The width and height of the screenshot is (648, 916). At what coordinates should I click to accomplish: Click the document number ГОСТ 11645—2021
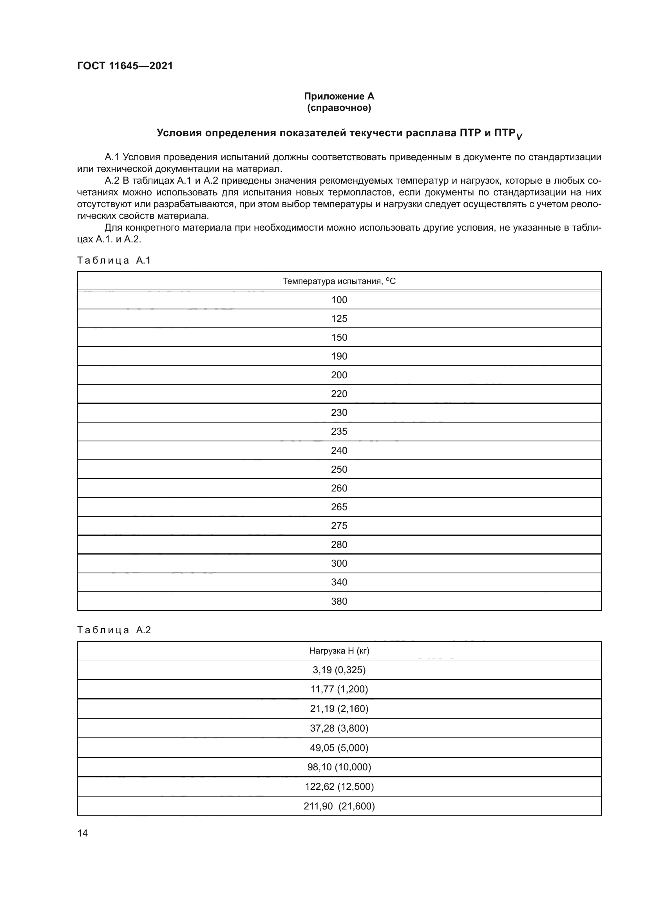125,66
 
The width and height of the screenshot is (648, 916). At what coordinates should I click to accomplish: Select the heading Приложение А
339,96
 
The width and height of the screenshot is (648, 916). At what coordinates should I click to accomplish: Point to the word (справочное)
339,108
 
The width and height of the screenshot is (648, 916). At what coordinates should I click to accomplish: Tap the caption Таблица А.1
114,260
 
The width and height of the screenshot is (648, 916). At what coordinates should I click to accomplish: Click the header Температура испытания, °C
339,281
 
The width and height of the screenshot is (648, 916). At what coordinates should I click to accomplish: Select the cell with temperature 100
339,300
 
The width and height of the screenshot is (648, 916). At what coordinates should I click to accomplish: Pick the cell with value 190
339,356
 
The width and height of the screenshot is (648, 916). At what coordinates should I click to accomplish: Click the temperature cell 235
339,431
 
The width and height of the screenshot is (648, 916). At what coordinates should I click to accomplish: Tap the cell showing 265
339,507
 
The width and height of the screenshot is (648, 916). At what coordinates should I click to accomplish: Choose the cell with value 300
339,563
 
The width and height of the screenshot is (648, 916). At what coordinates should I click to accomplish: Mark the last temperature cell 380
339,601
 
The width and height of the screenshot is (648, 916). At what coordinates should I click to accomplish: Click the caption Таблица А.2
114,630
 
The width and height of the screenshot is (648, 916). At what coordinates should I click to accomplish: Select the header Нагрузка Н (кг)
339,651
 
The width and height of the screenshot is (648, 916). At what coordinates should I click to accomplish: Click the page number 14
83,833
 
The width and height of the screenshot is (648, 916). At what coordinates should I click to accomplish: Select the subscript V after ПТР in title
519,137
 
